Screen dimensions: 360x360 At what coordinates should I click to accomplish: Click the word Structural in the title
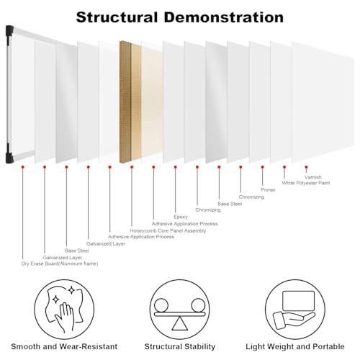pyautogui.click(x=117, y=17)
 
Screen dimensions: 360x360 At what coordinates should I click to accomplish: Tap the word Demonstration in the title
pyautogui.click(x=224, y=17)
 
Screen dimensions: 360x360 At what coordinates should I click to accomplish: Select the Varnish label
pyautogui.click(x=312, y=177)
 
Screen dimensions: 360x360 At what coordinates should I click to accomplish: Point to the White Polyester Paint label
pyautogui.click(x=306, y=183)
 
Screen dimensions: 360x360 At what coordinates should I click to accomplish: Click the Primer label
pyautogui.click(x=268, y=190)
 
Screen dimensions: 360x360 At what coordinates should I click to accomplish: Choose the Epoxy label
pyautogui.click(x=181, y=217)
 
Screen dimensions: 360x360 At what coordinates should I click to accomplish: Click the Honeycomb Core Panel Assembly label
pyautogui.click(x=168, y=230)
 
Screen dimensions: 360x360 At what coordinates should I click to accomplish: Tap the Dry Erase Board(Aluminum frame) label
pyautogui.click(x=60, y=264)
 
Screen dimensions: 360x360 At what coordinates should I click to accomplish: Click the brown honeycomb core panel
pyautogui.click(x=130, y=102)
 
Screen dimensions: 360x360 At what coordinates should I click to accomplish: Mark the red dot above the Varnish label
pyautogui.click(x=306, y=167)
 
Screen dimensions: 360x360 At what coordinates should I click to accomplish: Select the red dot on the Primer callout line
pyautogui.click(x=263, y=167)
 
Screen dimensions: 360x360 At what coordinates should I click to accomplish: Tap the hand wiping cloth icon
pyautogui.click(x=64, y=308)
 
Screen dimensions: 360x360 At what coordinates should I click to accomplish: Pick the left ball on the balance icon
pyautogui.click(x=161, y=305)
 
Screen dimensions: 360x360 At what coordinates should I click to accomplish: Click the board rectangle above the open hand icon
pyautogui.click(x=298, y=301)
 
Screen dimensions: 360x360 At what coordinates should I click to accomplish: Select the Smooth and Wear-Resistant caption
pyautogui.click(x=64, y=346)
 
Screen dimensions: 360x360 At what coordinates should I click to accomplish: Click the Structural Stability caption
pyautogui.click(x=180, y=346)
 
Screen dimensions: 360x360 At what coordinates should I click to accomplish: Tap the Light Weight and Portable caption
pyautogui.click(x=295, y=346)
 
